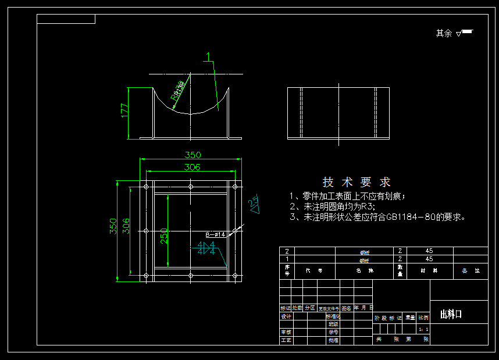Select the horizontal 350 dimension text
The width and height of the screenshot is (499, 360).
click(193, 155)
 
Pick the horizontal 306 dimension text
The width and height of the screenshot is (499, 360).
click(193, 167)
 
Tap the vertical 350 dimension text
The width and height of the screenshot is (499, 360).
click(113, 226)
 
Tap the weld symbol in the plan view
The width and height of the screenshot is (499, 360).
click(207, 249)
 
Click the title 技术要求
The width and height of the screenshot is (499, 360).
click(357, 182)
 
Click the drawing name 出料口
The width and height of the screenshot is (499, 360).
click(451, 315)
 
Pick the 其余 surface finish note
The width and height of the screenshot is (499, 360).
click(444, 33)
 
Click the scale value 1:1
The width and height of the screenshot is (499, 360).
click(423, 329)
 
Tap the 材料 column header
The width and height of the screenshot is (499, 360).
click(430, 270)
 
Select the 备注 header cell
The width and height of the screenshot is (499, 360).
click(471, 270)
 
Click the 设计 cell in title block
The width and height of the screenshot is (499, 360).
click(286, 316)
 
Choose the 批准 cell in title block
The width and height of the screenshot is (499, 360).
click(333, 340)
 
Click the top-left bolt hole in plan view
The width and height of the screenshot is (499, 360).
click(146, 187)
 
